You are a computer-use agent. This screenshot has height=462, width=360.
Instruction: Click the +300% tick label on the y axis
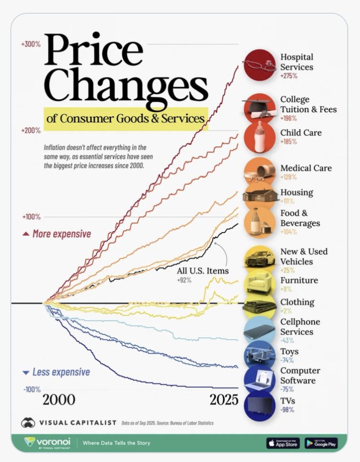coord(30,44)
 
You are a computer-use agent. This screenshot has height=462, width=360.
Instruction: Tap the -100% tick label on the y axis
coord(30,390)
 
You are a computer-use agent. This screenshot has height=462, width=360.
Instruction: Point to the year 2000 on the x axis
coord(59,400)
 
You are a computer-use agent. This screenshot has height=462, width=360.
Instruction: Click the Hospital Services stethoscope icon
coord(259,65)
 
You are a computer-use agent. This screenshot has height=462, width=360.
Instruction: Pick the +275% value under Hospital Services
coord(289,76)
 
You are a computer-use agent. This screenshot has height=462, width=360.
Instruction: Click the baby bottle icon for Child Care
coord(259,137)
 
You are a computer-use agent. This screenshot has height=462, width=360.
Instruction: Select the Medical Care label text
coord(306,168)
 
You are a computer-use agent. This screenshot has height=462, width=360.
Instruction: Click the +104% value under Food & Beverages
coord(289,232)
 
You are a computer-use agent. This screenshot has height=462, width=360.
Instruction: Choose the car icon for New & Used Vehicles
coord(259,259)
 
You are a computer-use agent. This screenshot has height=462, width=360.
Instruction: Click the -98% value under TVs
coord(287,410)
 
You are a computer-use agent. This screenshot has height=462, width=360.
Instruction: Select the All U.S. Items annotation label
coord(202,271)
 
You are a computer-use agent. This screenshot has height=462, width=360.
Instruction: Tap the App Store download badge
coord(283,443)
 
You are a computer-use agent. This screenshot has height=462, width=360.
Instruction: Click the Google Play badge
coord(321,443)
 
